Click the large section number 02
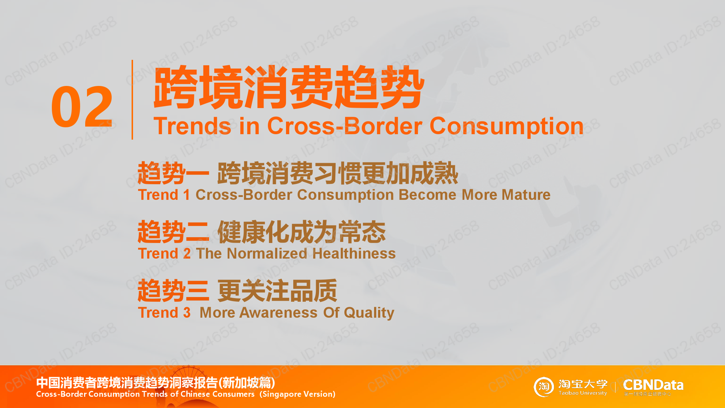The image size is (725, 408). [x=82, y=107]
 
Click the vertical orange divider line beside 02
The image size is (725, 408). [x=132, y=100]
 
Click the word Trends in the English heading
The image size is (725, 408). [x=192, y=126]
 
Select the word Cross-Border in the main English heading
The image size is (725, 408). [x=345, y=126]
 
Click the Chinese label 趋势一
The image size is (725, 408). [x=174, y=173]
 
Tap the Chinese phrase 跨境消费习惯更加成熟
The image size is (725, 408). [x=338, y=173]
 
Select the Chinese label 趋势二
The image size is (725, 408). [x=174, y=232]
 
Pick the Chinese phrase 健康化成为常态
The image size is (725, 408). [x=302, y=232]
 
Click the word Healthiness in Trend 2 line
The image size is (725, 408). [x=354, y=254]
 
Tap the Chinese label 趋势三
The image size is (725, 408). [x=174, y=290]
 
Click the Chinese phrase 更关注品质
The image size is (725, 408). [x=277, y=290]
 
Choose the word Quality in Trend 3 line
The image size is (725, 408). [x=369, y=313]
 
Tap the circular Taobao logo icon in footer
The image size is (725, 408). [x=544, y=387]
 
